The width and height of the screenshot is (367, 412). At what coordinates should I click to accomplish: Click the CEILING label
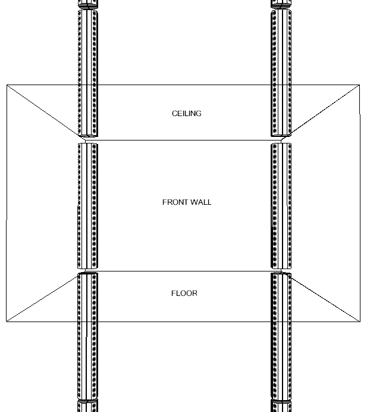point(187,114)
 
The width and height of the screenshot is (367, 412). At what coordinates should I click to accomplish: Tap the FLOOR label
point(184,294)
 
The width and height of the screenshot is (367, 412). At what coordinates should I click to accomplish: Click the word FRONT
point(174,202)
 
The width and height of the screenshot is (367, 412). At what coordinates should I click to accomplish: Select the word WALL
point(200,202)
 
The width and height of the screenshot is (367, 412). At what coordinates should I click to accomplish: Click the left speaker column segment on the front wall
point(88,205)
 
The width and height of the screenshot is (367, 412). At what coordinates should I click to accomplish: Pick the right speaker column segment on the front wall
point(281,205)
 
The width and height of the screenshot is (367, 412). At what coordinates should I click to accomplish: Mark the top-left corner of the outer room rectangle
point(7,85)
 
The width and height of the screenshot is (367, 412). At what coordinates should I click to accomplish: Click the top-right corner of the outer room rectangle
point(359,85)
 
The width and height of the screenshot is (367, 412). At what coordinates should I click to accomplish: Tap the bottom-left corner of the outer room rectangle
point(7,322)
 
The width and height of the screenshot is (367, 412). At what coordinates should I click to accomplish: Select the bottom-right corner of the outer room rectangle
point(359,322)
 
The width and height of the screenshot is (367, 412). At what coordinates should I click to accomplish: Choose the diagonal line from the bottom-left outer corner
point(42,298)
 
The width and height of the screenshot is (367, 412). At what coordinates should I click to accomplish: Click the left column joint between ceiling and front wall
point(87,140)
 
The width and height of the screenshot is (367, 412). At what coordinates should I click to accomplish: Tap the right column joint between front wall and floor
point(281,271)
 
